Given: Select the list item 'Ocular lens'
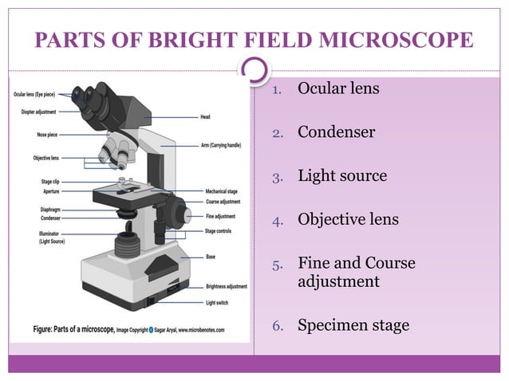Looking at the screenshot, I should (x=338, y=88).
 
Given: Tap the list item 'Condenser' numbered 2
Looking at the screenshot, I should (x=336, y=132).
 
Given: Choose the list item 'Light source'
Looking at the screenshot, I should (x=342, y=175).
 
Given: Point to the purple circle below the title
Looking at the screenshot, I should (x=254, y=71).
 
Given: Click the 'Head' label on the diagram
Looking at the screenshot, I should (x=205, y=117).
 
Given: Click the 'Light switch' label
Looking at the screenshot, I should (x=218, y=303).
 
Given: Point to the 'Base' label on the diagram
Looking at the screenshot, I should (x=211, y=257).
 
